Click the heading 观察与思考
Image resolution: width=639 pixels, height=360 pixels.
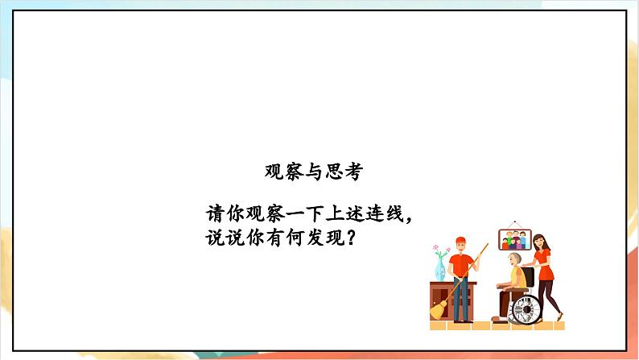pos(313,171)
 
